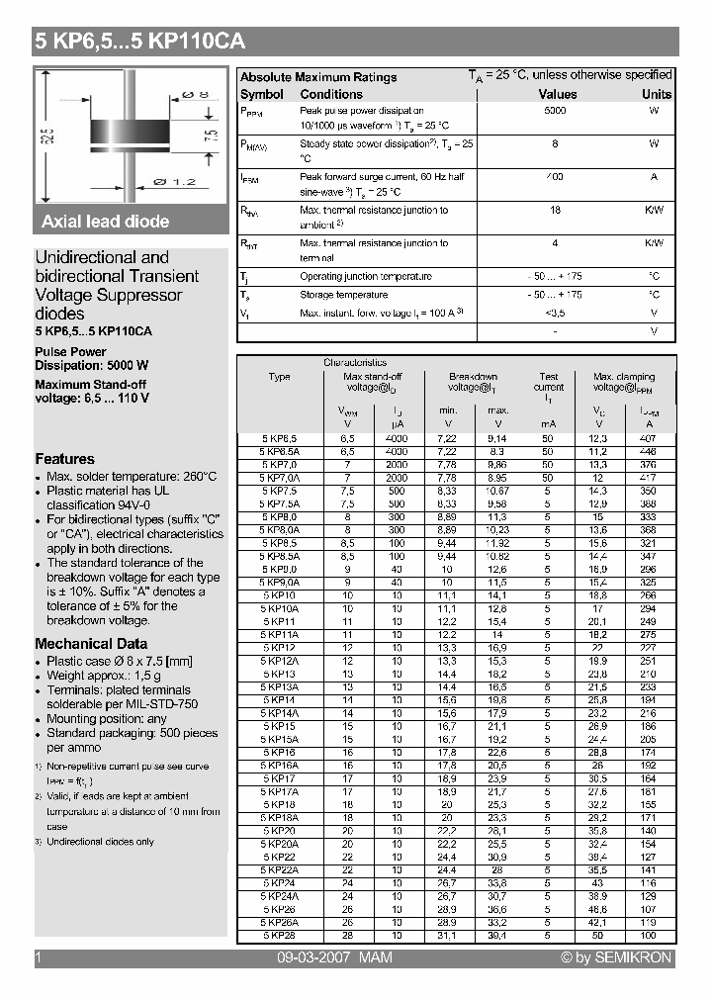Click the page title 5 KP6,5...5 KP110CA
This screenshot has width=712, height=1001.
click(x=139, y=42)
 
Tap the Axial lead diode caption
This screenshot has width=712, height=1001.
click(x=105, y=222)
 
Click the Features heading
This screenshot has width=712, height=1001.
click(x=64, y=459)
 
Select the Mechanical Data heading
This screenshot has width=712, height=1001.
click(x=91, y=644)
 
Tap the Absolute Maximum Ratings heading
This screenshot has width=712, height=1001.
click(x=318, y=77)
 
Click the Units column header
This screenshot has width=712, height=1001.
click(x=656, y=95)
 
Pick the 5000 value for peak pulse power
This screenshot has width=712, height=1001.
click(x=555, y=111)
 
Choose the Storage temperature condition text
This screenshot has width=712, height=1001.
click(x=343, y=295)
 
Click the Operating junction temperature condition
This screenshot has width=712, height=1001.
click(x=365, y=277)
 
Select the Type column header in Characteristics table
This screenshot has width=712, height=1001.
click(x=280, y=377)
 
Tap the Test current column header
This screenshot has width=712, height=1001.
click(x=548, y=382)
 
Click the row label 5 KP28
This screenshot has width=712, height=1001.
click(x=280, y=934)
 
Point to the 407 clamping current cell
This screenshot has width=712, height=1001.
click(x=648, y=438)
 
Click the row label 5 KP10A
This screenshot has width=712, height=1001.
click(x=280, y=610)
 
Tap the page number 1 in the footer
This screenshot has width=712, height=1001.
click(x=38, y=957)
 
